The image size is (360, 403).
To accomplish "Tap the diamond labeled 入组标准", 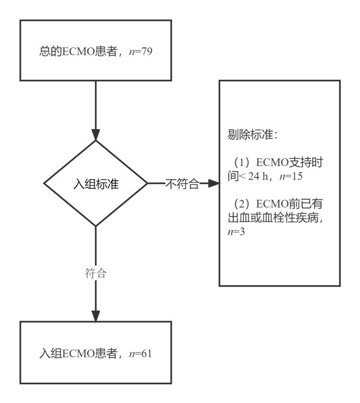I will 95,184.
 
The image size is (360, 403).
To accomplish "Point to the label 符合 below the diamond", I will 95,273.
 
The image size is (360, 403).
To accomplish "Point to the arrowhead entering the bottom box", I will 95,315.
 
